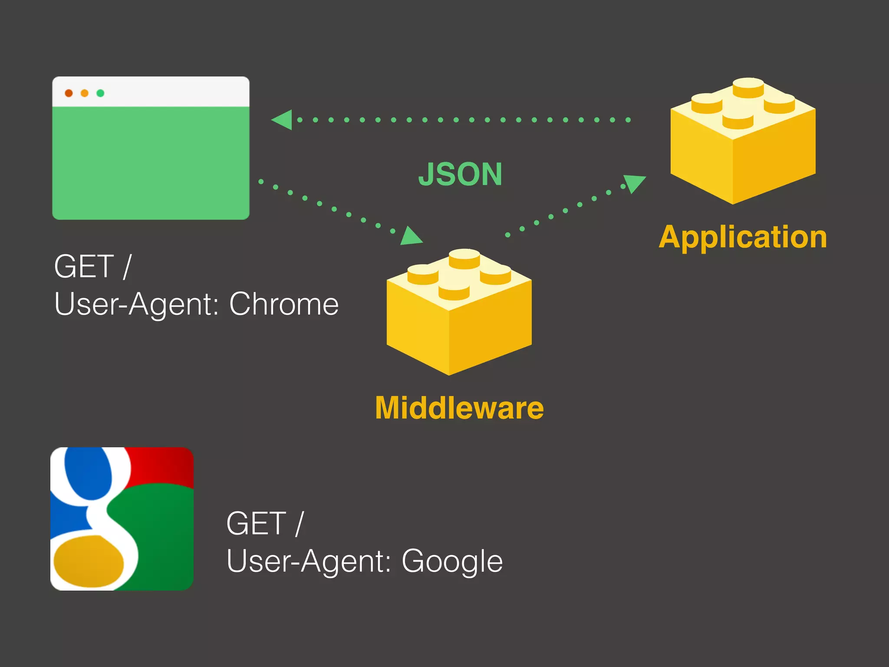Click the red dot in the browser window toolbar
(x=69, y=93)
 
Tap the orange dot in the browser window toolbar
(x=85, y=93)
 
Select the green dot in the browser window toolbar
(x=100, y=93)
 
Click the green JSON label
(x=460, y=174)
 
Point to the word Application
(x=743, y=238)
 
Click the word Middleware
(x=459, y=408)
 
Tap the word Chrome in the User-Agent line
(x=284, y=304)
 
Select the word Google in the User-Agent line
(x=452, y=561)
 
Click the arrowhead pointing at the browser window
(x=282, y=120)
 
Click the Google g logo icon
(x=122, y=518)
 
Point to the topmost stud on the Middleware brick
(x=464, y=258)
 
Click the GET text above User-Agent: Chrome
(x=84, y=266)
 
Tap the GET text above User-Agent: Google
(x=256, y=523)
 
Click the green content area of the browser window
(x=151, y=163)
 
